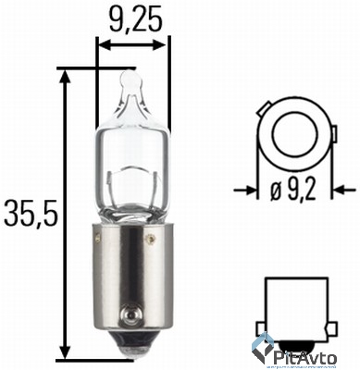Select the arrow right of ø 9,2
pyautogui.click(x=341, y=192)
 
